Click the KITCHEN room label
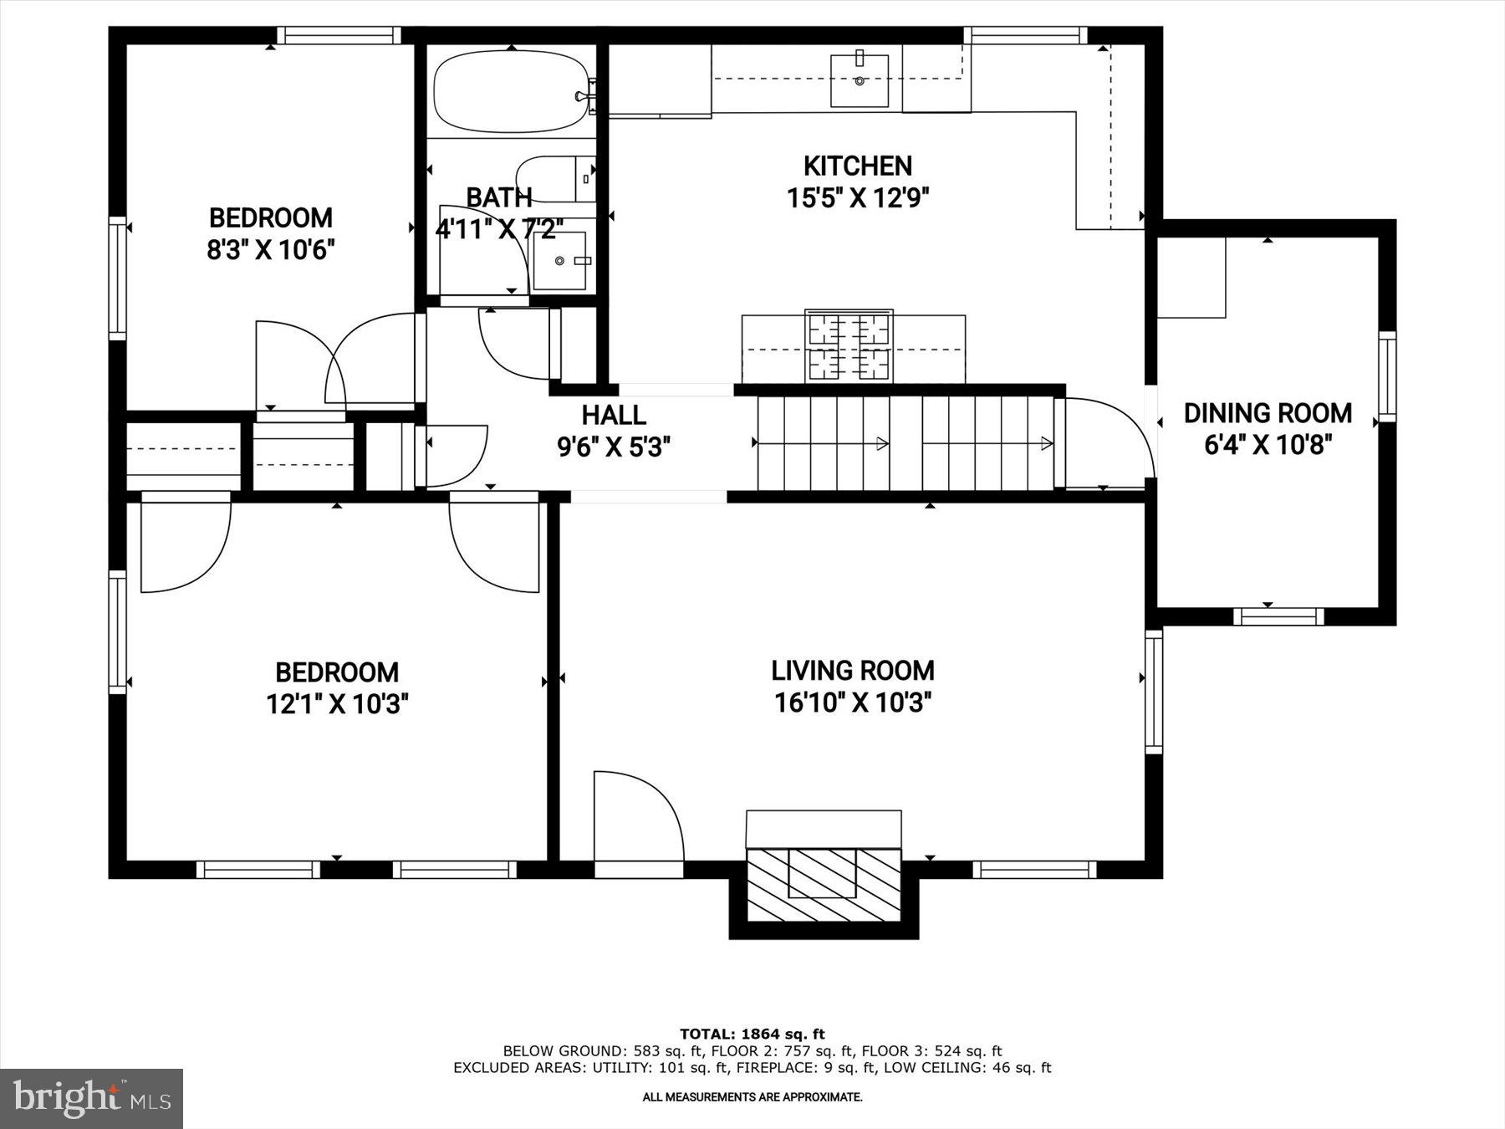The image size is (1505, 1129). [x=857, y=166]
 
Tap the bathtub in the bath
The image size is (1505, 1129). [x=508, y=92]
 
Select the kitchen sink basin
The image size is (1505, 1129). [x=860, y=81]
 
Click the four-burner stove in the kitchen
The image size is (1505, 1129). [x=849, y=346]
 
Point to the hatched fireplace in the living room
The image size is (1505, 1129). [x=823, y=885]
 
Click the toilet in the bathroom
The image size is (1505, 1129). [x=552, y=178]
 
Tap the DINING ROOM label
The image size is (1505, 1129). [x=1268, y=413]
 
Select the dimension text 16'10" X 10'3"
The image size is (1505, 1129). [x=853, y=703]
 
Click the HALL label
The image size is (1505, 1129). [x=614, y=416]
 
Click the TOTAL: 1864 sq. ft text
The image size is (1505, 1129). [x=752, y=1034]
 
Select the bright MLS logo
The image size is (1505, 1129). [x=91, y=1098]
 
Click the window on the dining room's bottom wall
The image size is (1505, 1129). [x=1278, y=617]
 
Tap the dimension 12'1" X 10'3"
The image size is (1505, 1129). [x=337, y=704]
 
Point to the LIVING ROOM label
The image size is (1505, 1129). [x=853, y=671]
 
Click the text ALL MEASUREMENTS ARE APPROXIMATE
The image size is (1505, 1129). [x=752, y=1097]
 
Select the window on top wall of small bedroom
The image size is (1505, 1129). [x=339, y=35]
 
